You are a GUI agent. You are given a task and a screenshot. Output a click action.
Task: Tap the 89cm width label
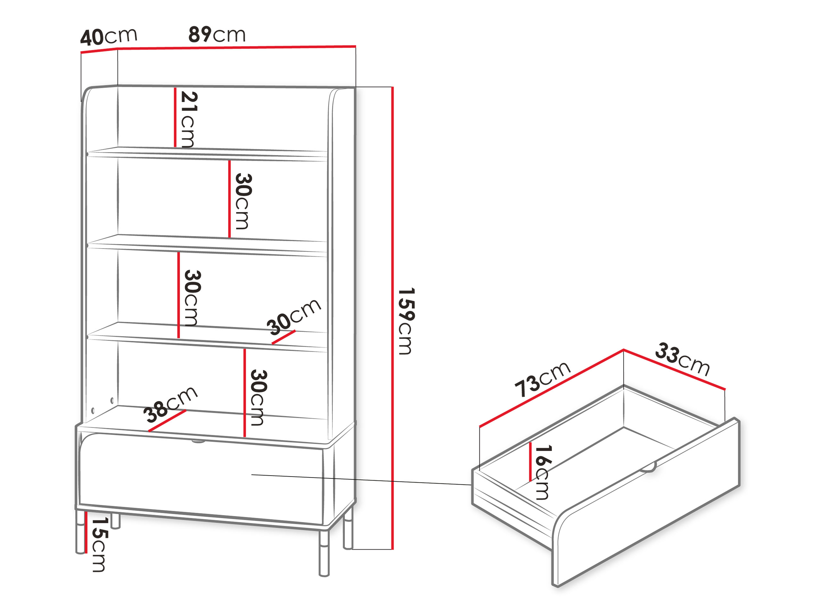pos(217,35)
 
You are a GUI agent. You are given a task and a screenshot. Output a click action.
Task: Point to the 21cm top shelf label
pos(189,119)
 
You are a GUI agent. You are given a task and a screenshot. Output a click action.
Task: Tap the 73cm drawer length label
pos(542,379)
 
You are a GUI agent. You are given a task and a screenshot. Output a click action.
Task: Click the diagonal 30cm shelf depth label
pos(294,316)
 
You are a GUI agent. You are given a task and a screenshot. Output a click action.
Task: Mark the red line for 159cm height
pos(392,318)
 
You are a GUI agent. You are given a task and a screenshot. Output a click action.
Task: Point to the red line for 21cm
pos(175,117)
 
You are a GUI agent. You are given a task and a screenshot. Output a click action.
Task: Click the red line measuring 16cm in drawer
pos(530,462)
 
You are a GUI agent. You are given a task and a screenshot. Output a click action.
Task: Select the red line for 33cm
pos(674,370)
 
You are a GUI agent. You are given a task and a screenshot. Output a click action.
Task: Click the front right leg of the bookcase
pos(324,553)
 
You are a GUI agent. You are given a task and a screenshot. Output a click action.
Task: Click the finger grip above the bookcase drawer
pos(198,441)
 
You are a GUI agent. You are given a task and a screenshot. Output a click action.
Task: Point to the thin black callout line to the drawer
pos(361,480)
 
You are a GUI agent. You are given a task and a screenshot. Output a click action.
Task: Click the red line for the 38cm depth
pos(167,421)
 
